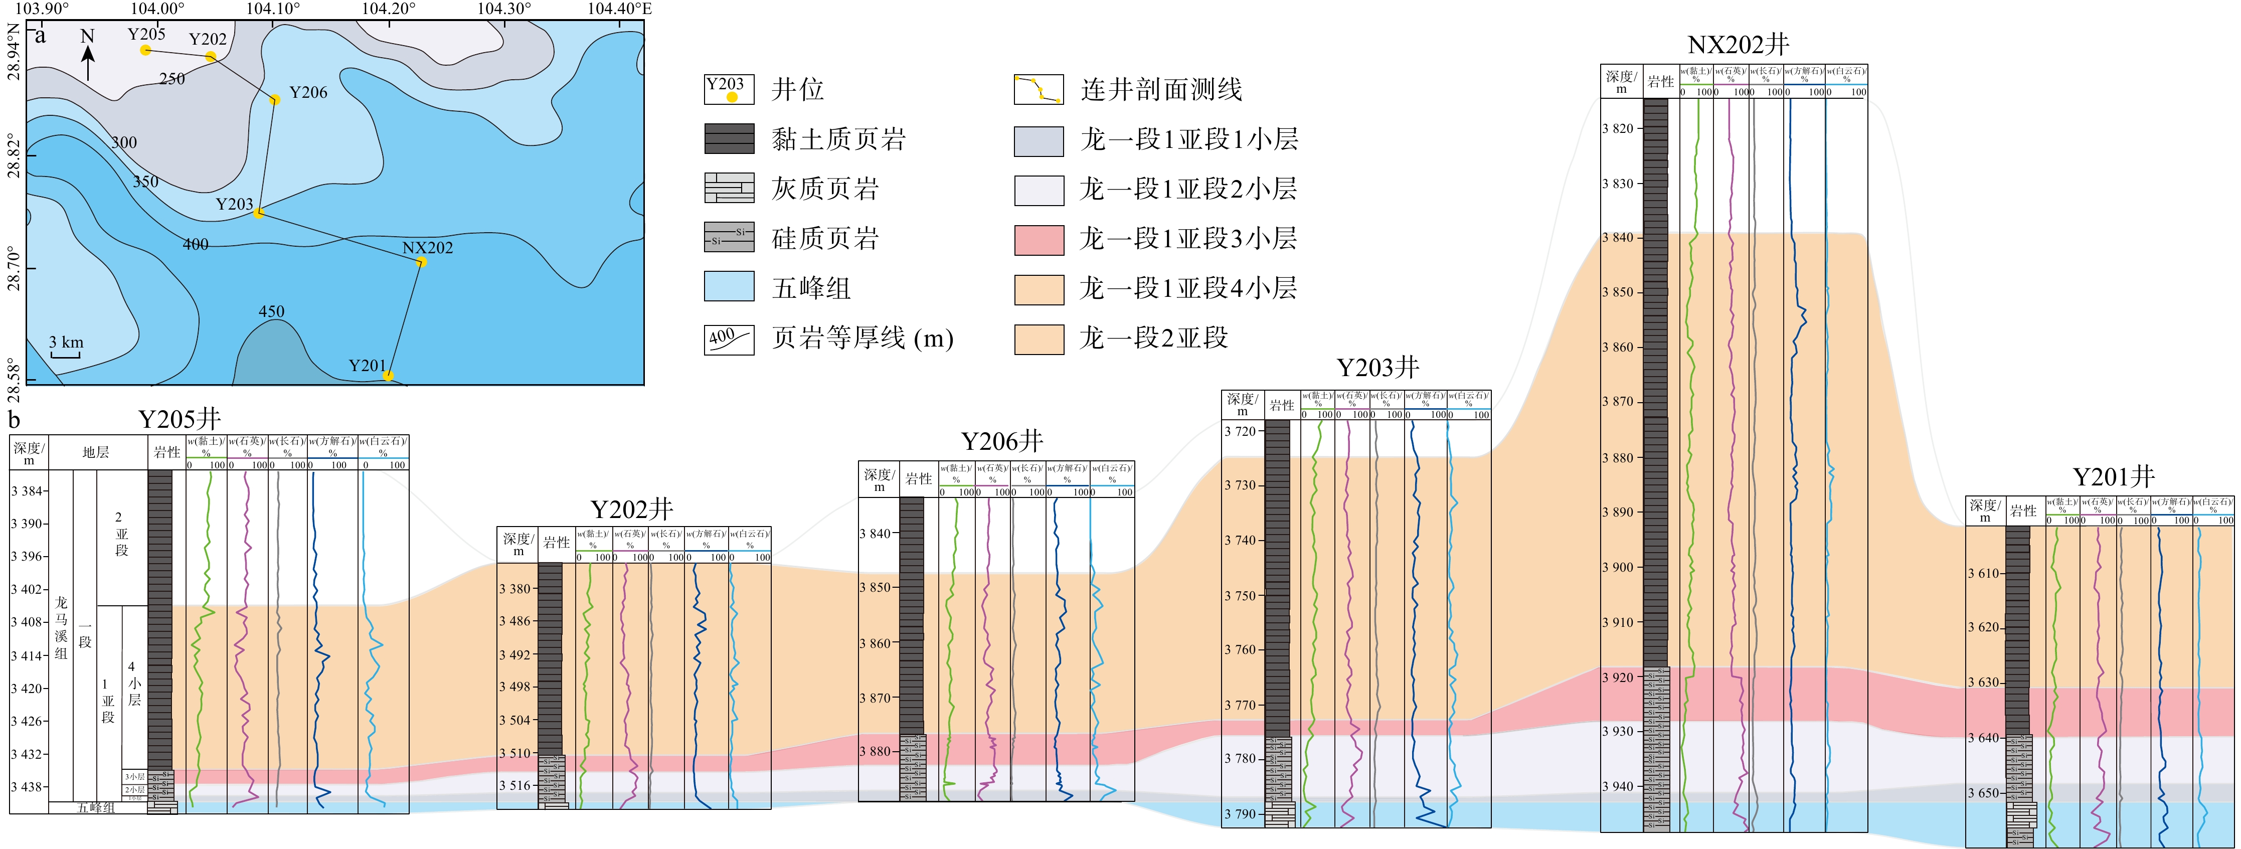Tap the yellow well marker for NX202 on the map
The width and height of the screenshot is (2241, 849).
tap(421, 262)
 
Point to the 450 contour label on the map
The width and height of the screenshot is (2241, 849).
tap(271, 311)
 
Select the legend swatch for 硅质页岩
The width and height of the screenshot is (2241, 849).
tap(729, 238)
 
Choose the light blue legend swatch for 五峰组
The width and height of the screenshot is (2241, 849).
tap(729, 287)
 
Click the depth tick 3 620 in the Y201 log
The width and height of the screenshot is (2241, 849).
tap(1983, 627)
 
